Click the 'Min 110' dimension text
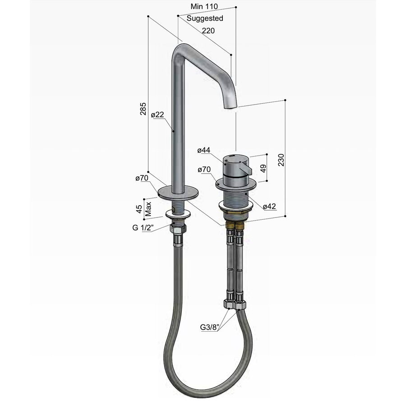pos(203,6)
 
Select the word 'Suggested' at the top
pos(205,18)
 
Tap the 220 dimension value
pos(208,31)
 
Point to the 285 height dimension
pos(143,109)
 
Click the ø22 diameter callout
pos(157,115)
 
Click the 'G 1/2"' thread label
pos(143,228)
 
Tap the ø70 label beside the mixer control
pos(204,169)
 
